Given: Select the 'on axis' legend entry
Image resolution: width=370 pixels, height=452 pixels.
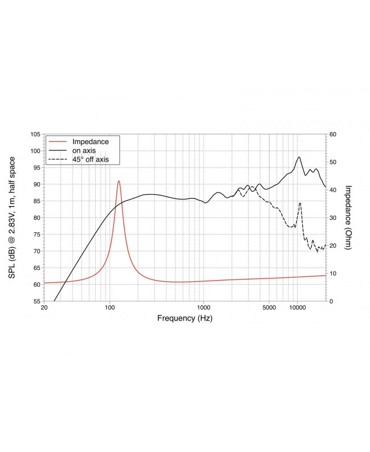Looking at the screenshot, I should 83,150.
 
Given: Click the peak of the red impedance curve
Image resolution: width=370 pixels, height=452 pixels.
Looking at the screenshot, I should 119,181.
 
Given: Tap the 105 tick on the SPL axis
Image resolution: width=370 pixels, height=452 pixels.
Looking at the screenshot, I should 35,134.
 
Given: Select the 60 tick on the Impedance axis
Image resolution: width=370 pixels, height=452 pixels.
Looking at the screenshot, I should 333,134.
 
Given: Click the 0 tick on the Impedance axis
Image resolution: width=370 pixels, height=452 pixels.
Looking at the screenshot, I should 331,301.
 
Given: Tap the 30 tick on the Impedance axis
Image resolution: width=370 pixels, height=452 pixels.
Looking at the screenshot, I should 333,217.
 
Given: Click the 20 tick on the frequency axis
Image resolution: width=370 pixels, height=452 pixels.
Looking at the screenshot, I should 44,308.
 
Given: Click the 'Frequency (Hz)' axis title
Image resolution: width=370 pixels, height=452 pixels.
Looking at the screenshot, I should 184,319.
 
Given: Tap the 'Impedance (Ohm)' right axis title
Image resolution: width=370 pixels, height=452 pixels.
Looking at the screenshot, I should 349,217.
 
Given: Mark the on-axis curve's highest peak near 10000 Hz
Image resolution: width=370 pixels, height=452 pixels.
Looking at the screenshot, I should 299,157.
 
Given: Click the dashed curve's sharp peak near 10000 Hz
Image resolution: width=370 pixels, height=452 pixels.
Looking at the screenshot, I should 300,203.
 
